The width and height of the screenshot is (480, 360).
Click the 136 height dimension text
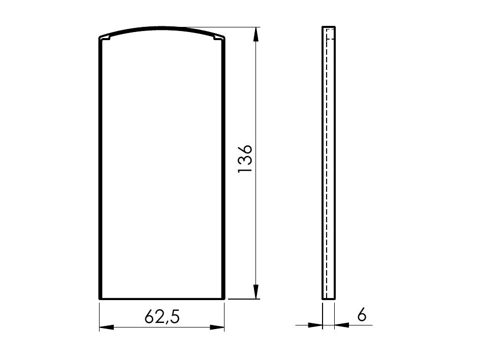(x=245, y=158)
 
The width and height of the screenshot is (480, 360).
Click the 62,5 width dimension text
(x=162, y=316)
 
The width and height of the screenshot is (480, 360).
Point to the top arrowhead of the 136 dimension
(x=256, y=35)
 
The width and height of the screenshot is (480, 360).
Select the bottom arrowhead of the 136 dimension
(x=256, y=291)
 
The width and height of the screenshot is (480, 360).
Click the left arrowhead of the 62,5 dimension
(x=107, y=327)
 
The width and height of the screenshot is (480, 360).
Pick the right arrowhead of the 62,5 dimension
(x=217, y=327)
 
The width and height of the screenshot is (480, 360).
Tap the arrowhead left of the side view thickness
(x=315, y=325)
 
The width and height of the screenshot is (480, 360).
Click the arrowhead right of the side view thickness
(x=342, y=325)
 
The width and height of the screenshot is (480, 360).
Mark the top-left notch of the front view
(x=106, y=38)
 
